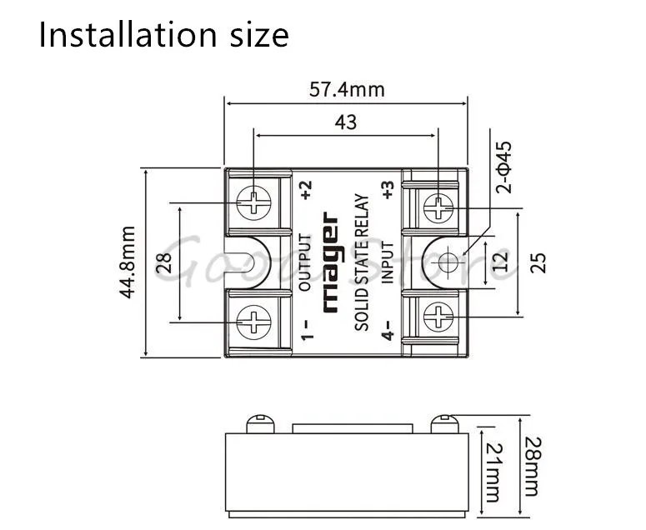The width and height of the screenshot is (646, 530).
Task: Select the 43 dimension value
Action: [345, 122]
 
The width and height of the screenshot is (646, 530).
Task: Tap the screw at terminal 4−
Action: [438, 317]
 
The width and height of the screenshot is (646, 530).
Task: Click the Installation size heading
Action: [163, 35]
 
